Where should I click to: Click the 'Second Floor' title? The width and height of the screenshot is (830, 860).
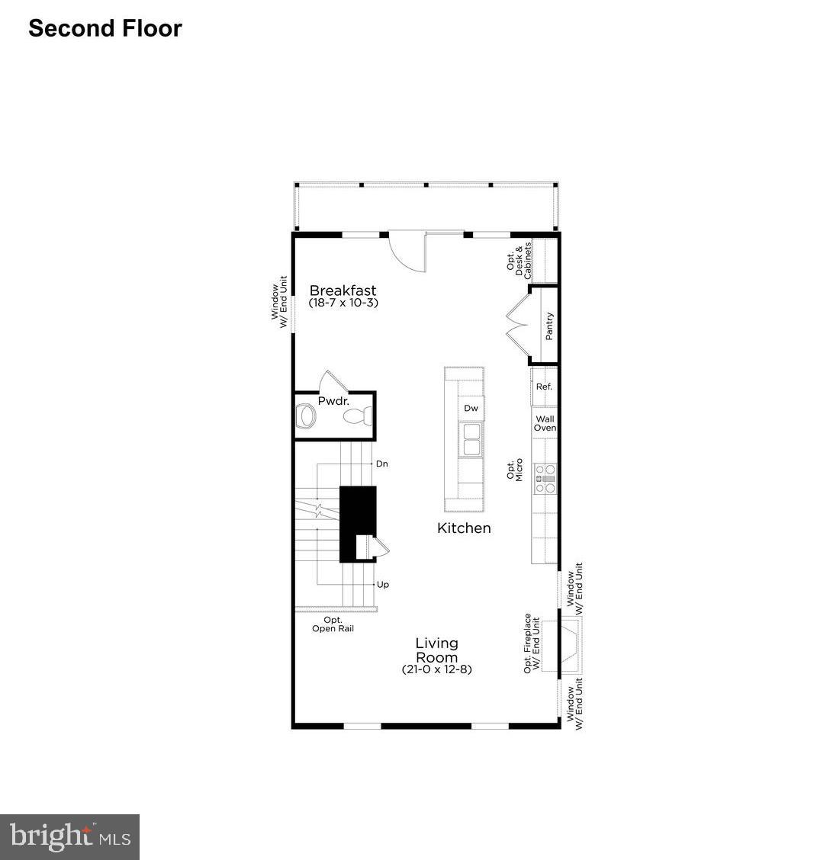(x=105, y=28)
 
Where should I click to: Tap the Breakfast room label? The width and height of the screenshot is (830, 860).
(x=343, y=290)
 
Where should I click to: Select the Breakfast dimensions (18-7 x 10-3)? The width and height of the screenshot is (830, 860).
(x=343, y=303)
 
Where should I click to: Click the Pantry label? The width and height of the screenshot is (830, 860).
(x=549, y=326)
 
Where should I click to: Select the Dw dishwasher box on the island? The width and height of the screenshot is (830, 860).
(x=471, y=409)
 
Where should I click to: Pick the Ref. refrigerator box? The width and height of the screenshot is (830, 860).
(x=544, y=387)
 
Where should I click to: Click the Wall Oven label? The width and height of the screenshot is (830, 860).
(x=545, y=424)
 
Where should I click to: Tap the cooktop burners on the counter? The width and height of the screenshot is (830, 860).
(x=545, y=479)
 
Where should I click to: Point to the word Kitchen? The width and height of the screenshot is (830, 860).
(x=464, y=528)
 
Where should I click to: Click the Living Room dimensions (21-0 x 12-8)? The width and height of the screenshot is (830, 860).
(x=437, y=669)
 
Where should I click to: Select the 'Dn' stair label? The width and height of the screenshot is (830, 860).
(x=382, y=464)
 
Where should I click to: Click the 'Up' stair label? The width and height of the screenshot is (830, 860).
(x=383, y=585)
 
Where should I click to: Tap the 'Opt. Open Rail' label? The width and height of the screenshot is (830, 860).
(x=333, y=624)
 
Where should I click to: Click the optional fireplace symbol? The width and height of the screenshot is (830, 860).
(x=571, y=644)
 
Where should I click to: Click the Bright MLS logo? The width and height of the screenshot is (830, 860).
(x=69, y=836)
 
